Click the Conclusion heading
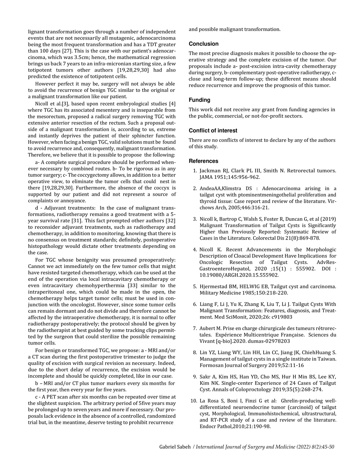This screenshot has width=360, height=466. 203,44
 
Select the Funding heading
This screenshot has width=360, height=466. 199,100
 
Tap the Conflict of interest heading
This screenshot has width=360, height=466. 213,131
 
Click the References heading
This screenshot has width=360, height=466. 203,161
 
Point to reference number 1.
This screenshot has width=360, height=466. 195,171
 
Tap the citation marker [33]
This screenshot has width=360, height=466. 133,286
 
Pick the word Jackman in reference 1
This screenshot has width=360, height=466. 210,171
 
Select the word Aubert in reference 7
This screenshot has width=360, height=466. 207,329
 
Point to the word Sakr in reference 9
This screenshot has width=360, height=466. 205,377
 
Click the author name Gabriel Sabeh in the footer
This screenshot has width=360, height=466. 175,447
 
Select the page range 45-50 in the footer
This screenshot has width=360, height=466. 327,447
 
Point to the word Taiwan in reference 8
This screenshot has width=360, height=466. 326,359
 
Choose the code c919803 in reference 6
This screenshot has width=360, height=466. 281,317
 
